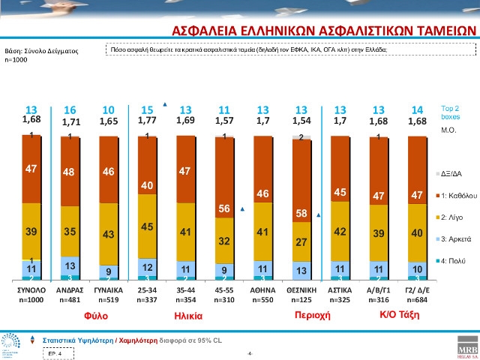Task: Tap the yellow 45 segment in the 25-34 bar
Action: pos(147,226)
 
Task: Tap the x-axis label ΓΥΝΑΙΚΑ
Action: pos(108,289)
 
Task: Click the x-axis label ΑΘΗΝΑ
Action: pos(263,289)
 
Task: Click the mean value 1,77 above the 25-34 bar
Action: pos(147,120)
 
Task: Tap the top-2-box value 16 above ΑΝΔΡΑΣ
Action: pos(69,109)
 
